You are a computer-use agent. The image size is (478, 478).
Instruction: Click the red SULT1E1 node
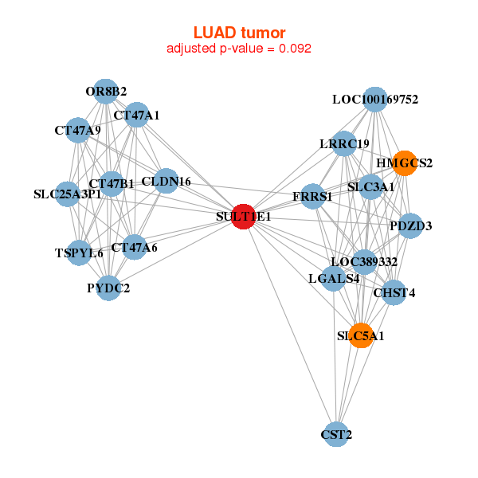click(x=243, y=217)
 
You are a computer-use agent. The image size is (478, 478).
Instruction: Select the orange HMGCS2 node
click(x=405, y=163)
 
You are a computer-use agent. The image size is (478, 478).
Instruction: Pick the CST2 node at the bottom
click(x=337, y=434)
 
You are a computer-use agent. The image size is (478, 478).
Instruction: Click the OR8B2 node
click(x=106, y=91)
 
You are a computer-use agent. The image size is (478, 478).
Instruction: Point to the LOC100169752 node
click(x=375, y=100)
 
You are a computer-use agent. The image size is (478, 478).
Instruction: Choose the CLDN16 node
click(x=166, y=182)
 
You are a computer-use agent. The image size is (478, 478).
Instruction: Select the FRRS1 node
click(x=312, y=196)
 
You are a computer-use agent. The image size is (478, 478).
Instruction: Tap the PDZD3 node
click(x=410, y=225)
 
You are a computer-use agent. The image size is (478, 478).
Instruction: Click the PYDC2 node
click(x=108, y=288)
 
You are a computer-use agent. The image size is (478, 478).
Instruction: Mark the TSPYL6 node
click(x=79, y=253)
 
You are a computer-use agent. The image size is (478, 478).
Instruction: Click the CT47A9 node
click(x=77, y=129)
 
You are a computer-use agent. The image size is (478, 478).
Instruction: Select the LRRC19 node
click(x=344, y=143)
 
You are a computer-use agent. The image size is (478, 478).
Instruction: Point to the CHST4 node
click(x=394, y=292)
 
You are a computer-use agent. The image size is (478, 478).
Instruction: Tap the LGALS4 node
click(x=334, y=279)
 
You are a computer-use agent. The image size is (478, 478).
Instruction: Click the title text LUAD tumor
click(x=239, y=32)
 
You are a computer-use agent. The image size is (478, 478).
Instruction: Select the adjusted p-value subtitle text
click(x=239, y=49)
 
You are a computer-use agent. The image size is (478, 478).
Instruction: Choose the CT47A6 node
click(x=127, y=248)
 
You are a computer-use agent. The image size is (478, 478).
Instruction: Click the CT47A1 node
click(x=137, y=115)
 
